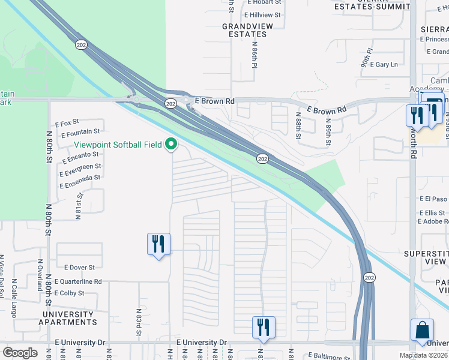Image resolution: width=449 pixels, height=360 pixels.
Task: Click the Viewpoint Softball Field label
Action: (118, 145)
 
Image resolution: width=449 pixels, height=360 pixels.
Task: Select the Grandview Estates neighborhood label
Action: (244, 30)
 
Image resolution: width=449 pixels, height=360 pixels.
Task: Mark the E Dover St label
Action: (75, 267)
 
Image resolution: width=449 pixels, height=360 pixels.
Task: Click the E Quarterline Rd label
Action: (78, 281)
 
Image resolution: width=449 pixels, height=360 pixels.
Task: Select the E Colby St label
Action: (69, 293)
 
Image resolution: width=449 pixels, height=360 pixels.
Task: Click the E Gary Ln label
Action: (384, 64)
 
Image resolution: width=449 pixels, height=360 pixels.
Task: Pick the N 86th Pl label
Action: (255, 58)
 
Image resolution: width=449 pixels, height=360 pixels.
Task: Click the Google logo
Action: (20, 352)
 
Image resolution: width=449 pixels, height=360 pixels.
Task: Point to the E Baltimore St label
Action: (328, 355)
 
